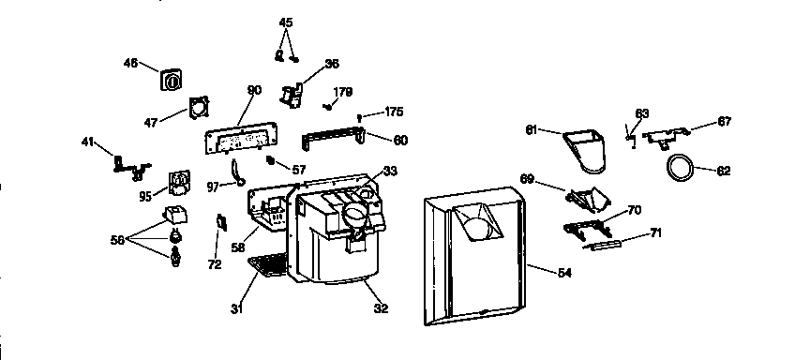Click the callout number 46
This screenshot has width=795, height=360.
[x=130, y=63]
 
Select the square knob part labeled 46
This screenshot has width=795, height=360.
[x=172, y=81]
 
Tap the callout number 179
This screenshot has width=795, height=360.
[x=343, y=92]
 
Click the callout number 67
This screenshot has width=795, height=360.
[x=724, y=121]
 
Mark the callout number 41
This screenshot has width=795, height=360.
[x=88, y=142]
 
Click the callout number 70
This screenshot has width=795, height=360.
[x=634, y=210]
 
